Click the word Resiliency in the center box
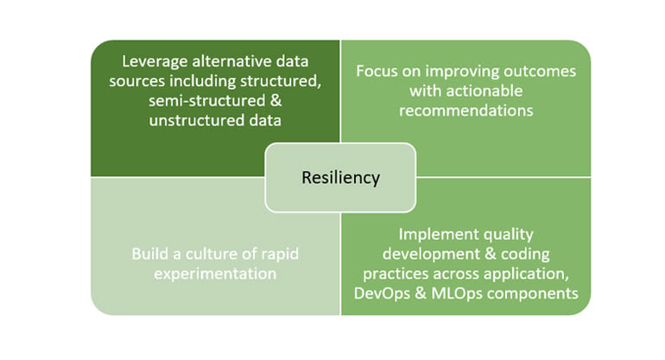coord(340,178)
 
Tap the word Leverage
coord(155,62)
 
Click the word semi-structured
coord(206,101)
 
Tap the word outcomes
coord(540,72)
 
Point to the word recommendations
coord(466,111)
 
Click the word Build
coord(149,254)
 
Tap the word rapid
coord(280,255)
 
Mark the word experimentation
coord(215,274)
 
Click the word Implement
coord(432,235)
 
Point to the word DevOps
coord(382,294)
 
